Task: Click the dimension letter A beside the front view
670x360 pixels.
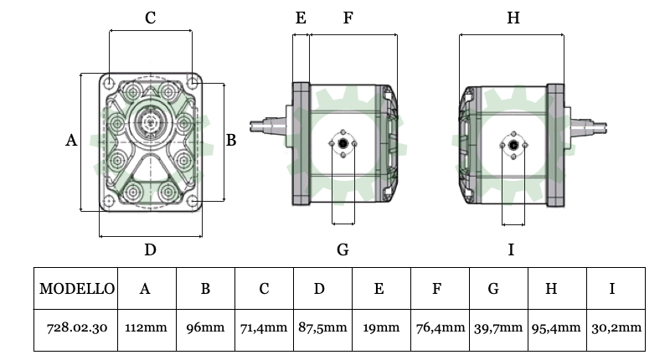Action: click(71, 141)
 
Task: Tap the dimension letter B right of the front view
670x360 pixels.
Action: click(231, 141)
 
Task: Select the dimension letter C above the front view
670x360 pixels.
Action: click(150, 18)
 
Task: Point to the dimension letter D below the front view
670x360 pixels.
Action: click(150, 249)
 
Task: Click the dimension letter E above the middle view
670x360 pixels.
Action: click(301, 18)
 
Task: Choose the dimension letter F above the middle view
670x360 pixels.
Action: click(348, 18)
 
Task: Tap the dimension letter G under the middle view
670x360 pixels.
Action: click(343, 249)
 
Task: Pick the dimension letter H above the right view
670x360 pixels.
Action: click(513, 18)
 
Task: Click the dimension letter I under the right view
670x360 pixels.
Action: click(511, 249)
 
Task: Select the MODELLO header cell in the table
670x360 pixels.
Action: click(77, 289)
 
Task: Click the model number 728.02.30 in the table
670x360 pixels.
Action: click(77, 328)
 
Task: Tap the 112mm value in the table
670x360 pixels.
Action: click(145, 328)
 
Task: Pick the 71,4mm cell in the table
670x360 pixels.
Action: click(264, 328)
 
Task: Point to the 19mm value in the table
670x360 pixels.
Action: click(379, 328)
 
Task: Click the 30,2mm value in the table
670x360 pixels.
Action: click(615, 328)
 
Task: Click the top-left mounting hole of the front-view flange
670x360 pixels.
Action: click(109, 82)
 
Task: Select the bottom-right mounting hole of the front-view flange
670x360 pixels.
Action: click(193, 202)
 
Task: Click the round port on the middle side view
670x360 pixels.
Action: click(343, 147)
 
